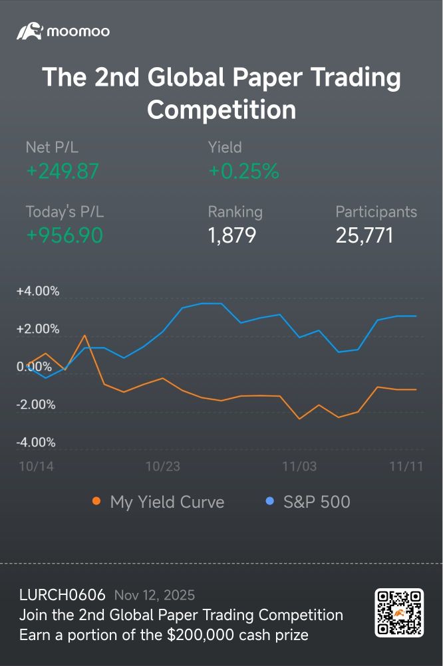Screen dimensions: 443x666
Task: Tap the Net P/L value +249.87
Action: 63,171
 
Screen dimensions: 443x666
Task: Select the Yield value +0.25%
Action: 243,171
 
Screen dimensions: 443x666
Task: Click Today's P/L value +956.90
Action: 65,235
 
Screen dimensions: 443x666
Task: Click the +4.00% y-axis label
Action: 38,291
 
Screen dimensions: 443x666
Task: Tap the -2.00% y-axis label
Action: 36,405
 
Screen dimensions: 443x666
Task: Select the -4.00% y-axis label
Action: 36,443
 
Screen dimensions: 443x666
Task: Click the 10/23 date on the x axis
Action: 163,467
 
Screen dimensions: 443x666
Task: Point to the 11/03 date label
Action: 299,467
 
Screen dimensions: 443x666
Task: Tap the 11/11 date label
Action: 406,467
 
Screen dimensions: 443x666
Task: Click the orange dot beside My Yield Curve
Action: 96,501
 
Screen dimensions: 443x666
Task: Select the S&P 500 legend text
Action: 317,502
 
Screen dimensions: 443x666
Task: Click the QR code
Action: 399,612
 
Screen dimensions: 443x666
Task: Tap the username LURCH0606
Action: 62,595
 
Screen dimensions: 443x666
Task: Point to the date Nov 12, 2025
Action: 154,596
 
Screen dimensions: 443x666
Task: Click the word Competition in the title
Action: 222,110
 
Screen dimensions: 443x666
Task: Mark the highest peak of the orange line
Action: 85,336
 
